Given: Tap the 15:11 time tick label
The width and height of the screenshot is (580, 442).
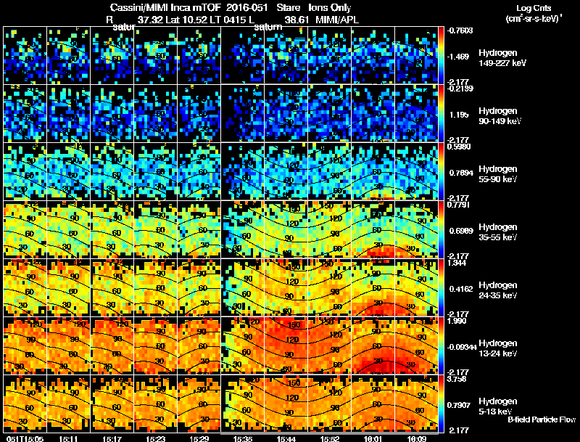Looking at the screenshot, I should coord(70,438).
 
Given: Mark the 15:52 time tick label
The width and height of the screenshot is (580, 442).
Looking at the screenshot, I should coord(329,438).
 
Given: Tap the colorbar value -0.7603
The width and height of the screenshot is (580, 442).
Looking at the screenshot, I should coord(460,30).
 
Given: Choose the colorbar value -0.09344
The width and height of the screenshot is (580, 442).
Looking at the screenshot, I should coord(463,347).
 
